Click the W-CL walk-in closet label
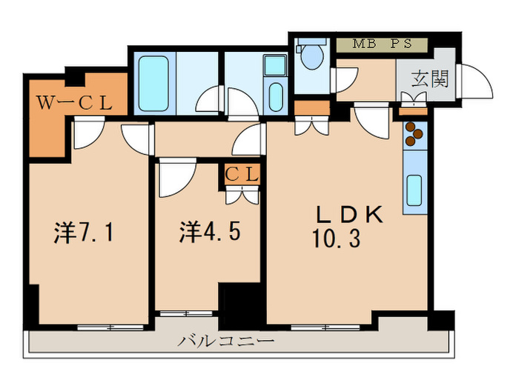coord(74,104)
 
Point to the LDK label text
coord(349,215)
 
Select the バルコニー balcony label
coord(226,342)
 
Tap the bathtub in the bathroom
coord(156,82)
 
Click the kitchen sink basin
coord(414,190)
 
